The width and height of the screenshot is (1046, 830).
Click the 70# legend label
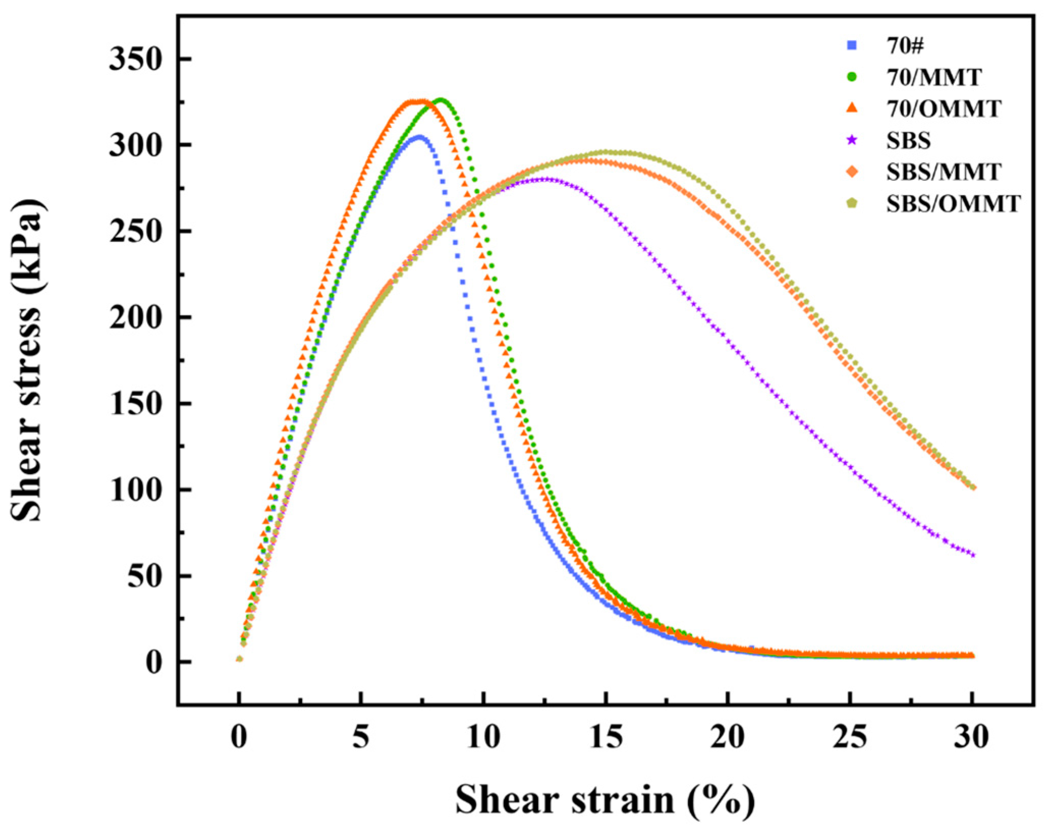point(905,46)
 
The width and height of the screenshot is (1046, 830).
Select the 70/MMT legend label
point(934,77)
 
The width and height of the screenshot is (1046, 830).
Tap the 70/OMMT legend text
point(944,109)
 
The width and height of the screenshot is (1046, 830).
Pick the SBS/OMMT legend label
point(953,204)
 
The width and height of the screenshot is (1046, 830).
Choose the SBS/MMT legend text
point(944,172)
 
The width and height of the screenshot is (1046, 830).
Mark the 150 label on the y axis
point(135,404)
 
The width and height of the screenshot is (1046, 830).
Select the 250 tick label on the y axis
point(135,232)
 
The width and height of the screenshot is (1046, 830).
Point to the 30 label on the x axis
point(972,737)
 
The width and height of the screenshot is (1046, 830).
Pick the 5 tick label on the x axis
point(360,737)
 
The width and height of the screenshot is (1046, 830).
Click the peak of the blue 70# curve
point(418,137)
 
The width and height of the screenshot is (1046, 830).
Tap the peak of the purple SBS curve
point(546,179)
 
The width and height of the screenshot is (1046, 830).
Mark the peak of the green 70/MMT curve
point(441,100)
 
